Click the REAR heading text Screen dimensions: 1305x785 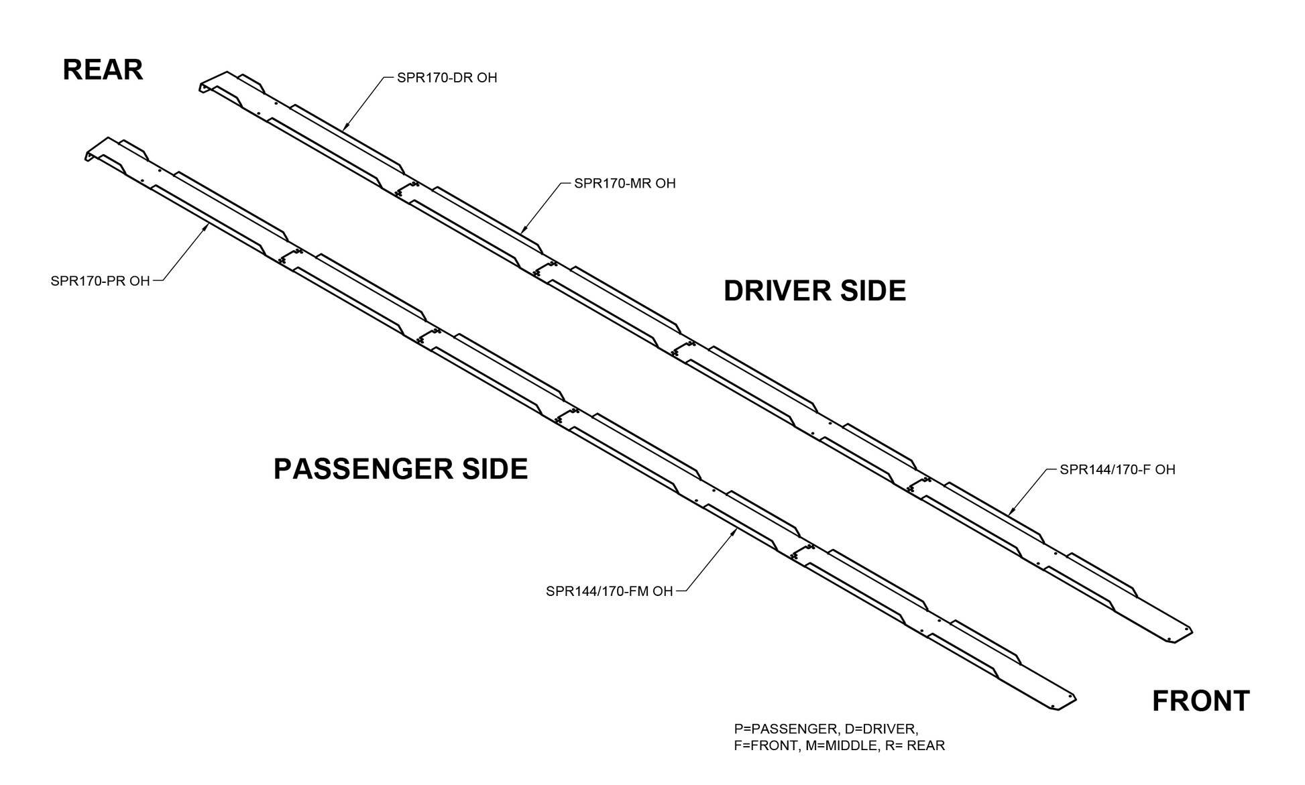coord(103,70)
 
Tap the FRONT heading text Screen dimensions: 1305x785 coord(1200,701)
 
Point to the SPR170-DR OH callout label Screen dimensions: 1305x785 coord(447,78)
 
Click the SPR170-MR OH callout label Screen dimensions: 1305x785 coord(625,183)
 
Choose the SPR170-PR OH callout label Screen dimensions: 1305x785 coord(101,281)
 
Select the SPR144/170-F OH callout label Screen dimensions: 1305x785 coord(1117,469)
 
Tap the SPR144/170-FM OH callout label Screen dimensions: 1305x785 coord(610,591)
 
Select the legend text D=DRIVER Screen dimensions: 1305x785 coord(881,729)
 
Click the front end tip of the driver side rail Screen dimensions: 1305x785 coord(1192,632)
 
